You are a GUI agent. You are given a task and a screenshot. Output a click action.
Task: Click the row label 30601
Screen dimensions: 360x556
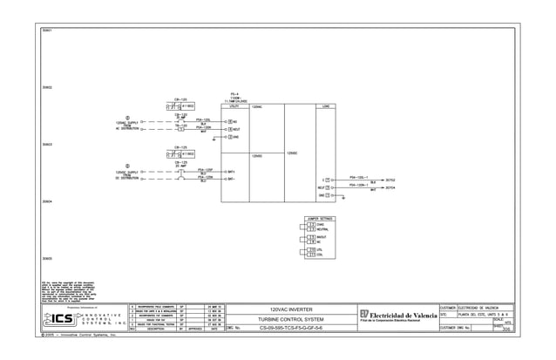47,31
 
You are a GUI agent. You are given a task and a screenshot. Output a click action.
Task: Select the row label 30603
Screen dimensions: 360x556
47,145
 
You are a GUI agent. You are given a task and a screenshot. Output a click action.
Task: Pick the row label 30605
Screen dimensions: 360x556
47,259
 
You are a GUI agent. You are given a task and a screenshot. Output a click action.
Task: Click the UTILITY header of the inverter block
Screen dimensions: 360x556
234,106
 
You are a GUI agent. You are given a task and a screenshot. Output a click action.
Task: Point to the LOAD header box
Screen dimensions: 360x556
326,106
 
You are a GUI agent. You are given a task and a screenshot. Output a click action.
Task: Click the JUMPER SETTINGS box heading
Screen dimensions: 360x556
320,218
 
